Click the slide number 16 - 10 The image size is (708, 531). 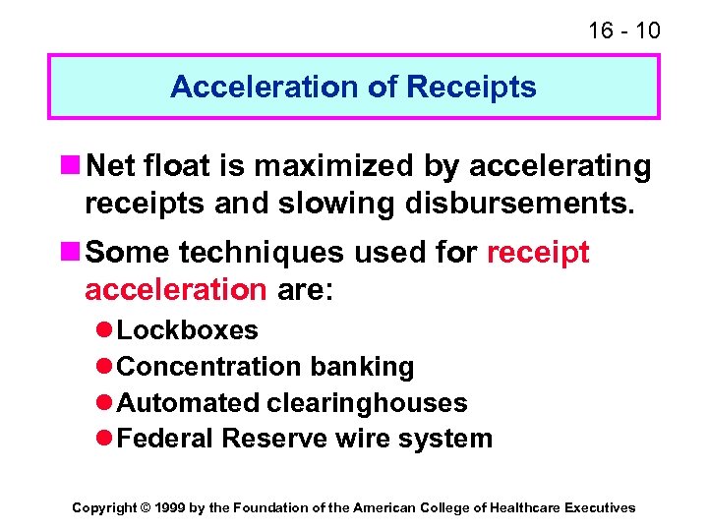[x=623, y=30]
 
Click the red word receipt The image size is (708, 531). [x=538, y=253]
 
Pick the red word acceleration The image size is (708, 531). [x=175, y=290]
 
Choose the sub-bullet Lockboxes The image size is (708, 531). [x=187, y=330]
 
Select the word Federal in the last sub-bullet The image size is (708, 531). [x=165, y=439]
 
